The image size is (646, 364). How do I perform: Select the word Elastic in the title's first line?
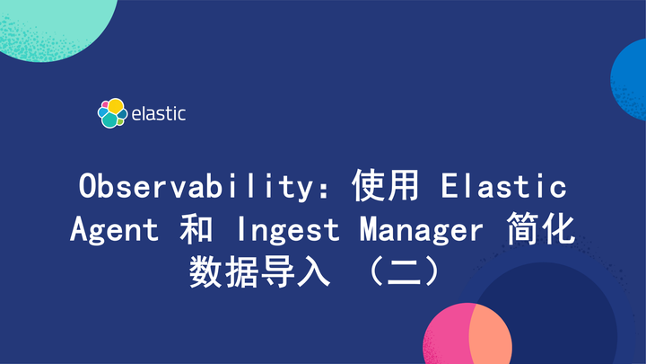point(503,187)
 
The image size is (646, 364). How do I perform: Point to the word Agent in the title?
point(115,230)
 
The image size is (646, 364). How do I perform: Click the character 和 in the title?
point(196,230)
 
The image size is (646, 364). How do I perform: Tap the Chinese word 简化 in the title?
point(542,230)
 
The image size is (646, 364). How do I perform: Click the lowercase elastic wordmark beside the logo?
point(158,114)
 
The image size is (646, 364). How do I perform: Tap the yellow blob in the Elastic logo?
point(116,105)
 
